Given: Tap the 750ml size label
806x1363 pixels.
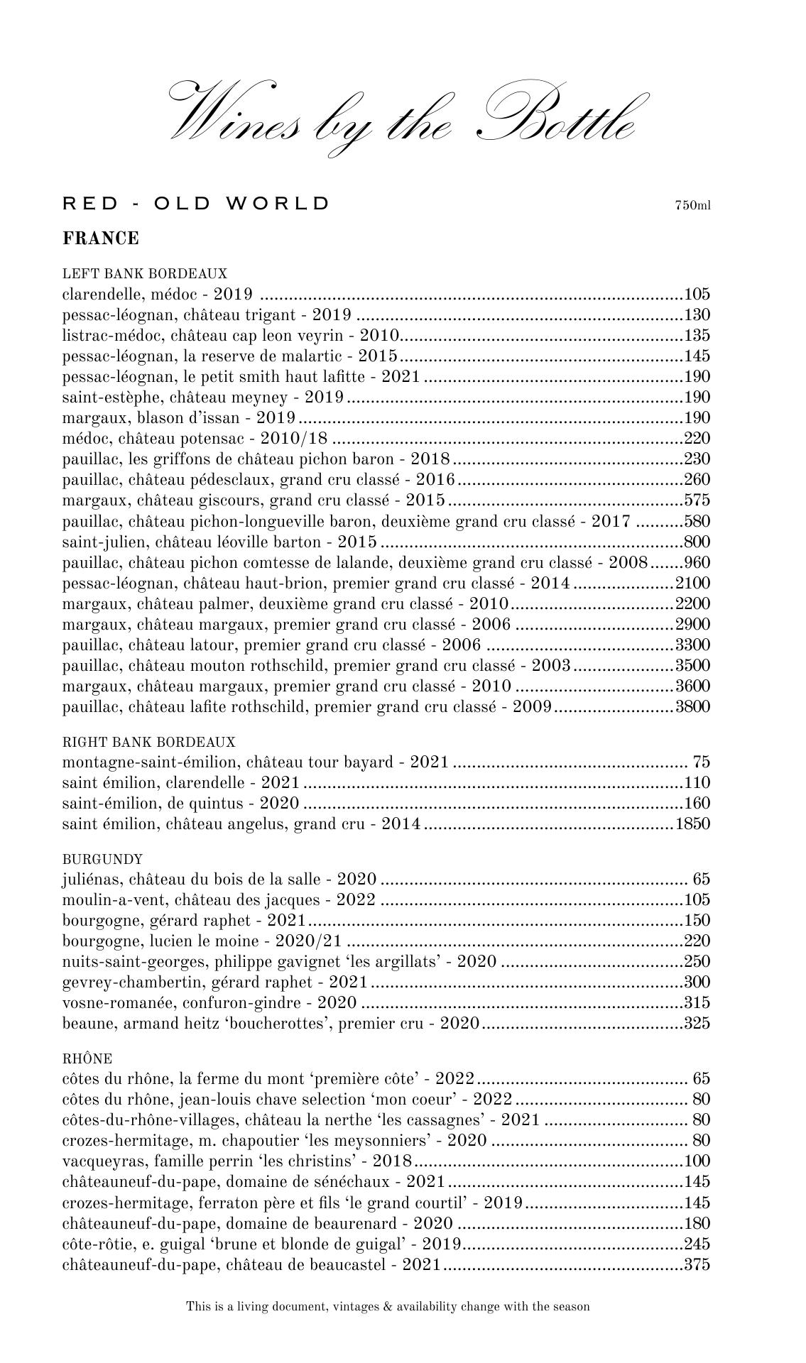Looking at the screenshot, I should tap(692, 206).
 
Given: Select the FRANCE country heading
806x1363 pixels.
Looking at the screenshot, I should tap(101, 239).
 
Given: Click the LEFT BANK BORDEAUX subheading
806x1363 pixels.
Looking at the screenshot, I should tap(145, 273).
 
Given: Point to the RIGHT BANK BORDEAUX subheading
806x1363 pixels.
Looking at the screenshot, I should tap(148, 742).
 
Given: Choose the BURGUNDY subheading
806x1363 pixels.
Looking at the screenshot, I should tap(102, 859).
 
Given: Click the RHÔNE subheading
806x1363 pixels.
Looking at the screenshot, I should tap(87, 1058).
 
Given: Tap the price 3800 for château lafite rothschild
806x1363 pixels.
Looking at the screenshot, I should tap(692, 707).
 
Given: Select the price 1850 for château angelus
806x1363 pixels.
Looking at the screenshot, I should tap(692, 824).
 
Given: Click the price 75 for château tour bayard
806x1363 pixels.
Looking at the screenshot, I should tap(702, 762).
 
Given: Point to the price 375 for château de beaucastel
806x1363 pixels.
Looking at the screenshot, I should tap(697, 1264).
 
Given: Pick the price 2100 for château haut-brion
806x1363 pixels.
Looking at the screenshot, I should tap(692, 584).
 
